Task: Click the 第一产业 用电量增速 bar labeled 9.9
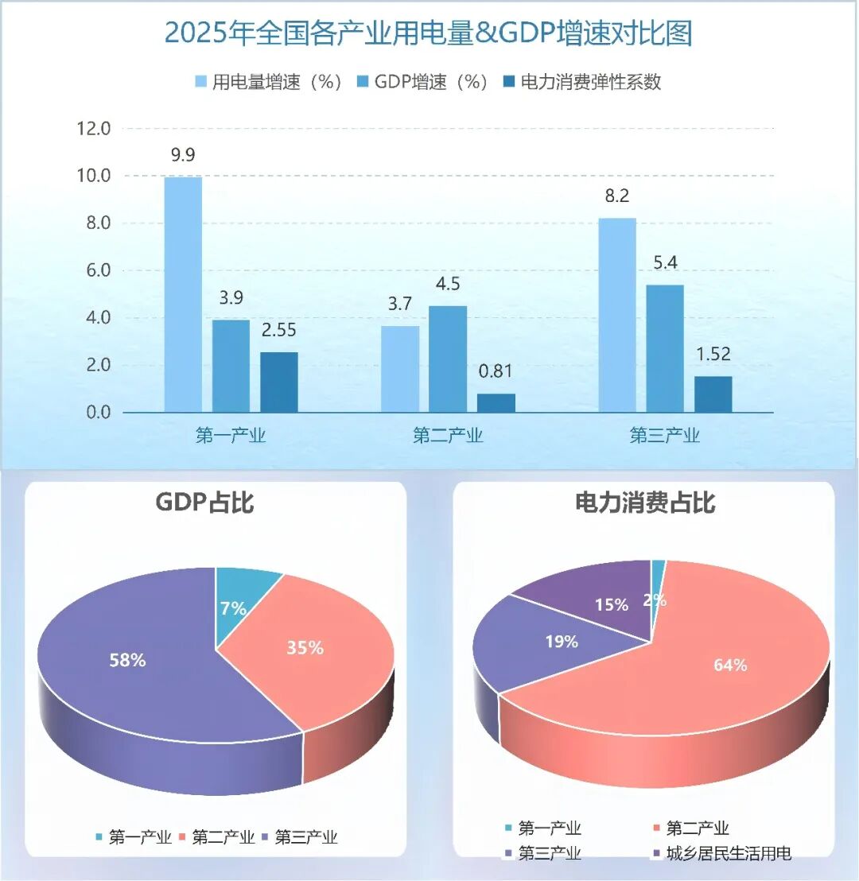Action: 183,294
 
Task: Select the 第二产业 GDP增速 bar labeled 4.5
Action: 448,359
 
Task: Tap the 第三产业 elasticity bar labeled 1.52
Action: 713,394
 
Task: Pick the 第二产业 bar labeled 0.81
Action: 496,403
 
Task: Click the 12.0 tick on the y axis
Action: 93,129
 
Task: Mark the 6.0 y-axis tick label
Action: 93,271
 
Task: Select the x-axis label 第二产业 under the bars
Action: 448,435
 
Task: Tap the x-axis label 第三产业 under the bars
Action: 665,435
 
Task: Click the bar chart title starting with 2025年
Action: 429,34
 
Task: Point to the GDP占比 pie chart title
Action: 204,503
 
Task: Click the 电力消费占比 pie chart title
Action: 644,503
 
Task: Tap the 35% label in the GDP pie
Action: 305,648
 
